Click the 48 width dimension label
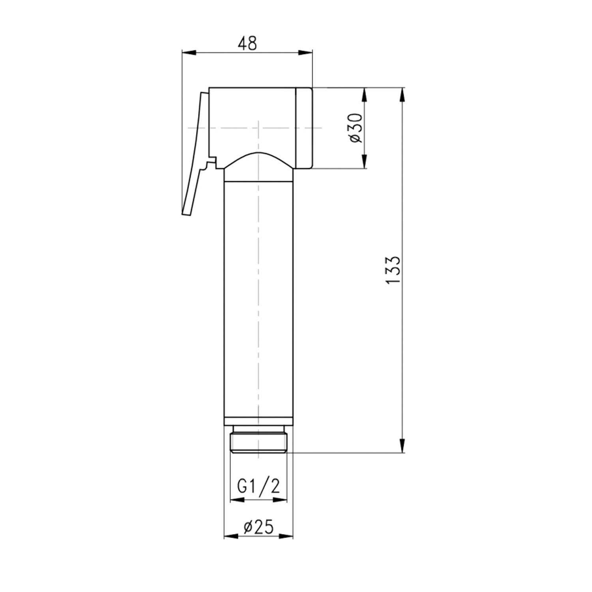coord(247,43)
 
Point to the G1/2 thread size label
coord(259,486)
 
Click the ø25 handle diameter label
coord(259,527)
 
